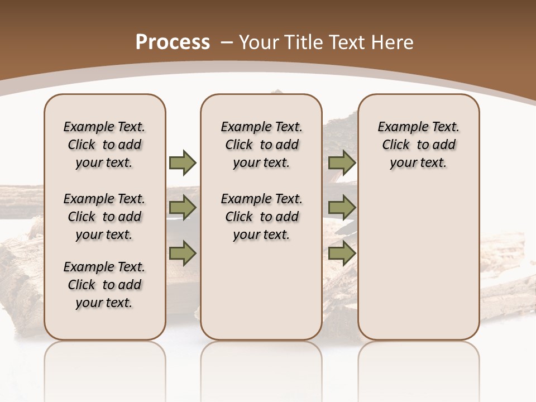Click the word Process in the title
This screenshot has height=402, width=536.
coord(173,42)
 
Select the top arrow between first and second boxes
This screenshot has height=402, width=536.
coord(183,162)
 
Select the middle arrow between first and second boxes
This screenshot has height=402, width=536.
coord(183,208)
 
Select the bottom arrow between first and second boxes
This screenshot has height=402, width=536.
coord(183,253)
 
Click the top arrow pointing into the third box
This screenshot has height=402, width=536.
coord(342,162)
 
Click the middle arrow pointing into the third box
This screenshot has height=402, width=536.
coord(342,208)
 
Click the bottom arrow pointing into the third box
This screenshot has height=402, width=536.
coord(342,253)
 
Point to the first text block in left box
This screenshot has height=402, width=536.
coord(104,145)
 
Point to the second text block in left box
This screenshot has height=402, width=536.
coord(104,217)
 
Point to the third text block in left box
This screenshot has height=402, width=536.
coord(104,285)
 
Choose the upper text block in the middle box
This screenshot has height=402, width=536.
coord(261,145)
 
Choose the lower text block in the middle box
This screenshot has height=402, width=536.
coord(261,217)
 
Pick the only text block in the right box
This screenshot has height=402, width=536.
coord(418,145)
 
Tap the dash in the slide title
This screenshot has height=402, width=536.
coord(227,42)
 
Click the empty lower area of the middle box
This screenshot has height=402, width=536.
coord(261,290)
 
